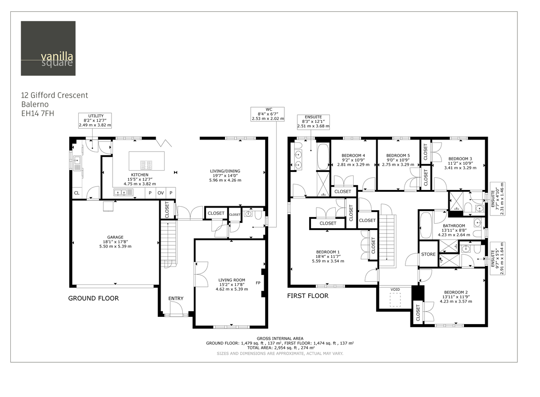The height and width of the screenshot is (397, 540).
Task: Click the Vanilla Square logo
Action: pos(48,49)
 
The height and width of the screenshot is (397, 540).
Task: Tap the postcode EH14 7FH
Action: pos(38,113)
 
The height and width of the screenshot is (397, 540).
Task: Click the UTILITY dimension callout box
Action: pos(95,121)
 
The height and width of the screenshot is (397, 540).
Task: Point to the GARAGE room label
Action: pos(115,237)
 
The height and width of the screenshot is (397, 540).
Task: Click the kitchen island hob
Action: pos(147,164)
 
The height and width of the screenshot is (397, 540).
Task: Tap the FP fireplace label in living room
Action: pos(258,283)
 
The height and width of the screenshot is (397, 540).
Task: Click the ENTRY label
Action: pos(175,298)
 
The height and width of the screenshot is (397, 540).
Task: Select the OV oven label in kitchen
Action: pos(161,193)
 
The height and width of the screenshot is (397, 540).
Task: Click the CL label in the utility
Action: pos(76,194)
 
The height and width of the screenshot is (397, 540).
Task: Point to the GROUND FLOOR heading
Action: pos(93,298)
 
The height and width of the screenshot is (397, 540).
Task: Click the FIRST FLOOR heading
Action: pos(308,296)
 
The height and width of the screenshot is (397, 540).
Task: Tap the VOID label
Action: pos(395,289)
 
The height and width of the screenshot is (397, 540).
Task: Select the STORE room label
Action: pos(428,254)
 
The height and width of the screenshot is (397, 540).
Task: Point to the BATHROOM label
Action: pos(454,226)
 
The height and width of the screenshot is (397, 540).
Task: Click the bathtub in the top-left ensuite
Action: pos(323,157)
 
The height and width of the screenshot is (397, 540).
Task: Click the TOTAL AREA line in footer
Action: pos(280,348)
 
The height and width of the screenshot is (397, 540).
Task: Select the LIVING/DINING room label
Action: pos(225,171)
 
